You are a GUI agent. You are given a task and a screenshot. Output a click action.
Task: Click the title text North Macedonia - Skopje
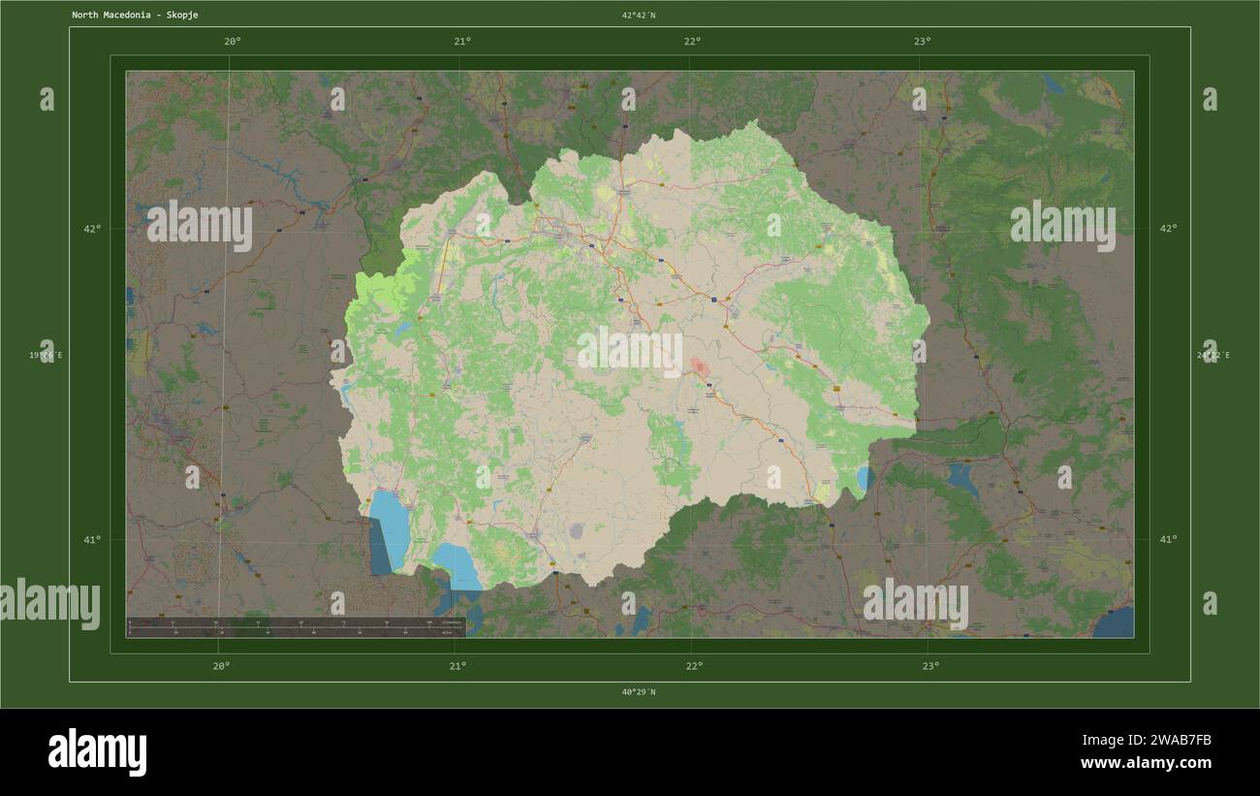coord(135,16)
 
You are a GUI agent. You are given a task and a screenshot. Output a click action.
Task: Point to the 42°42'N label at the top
coord(639,16)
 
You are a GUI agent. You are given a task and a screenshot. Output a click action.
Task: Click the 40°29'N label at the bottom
coord(639,692)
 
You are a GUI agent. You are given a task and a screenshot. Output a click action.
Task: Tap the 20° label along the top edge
coord(232,41)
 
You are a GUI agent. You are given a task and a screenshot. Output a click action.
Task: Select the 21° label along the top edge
coord(462,41)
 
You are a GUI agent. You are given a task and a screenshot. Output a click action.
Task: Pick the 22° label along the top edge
coord(692,41)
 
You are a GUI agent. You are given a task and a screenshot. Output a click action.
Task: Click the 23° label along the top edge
coord(922,41)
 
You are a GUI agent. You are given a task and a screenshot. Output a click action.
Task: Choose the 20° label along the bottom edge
coord(222,665)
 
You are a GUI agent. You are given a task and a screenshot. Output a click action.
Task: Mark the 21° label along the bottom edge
coord(457,665)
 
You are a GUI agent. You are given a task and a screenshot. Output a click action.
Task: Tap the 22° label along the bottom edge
coord(694,665)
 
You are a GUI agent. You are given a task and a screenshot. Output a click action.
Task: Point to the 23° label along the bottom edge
coord(930,665)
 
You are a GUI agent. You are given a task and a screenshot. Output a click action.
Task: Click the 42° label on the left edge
coord(92,229)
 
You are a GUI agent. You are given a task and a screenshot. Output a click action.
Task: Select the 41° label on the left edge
coord(92,539)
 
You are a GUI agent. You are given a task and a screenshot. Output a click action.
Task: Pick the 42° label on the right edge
coord(1168,229)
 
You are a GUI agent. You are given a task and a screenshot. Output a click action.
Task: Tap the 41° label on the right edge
coord(1168,539)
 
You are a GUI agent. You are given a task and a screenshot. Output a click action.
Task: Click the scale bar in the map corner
coord(296,627)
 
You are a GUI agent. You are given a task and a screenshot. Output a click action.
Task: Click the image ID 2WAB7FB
coord(1172,741)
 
